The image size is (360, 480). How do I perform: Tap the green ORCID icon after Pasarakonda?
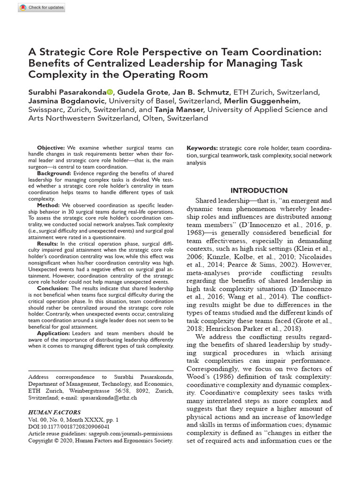[109, 92]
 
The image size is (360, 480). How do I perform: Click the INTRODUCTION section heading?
[259, 190]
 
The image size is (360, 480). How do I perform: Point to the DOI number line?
[69, 427]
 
